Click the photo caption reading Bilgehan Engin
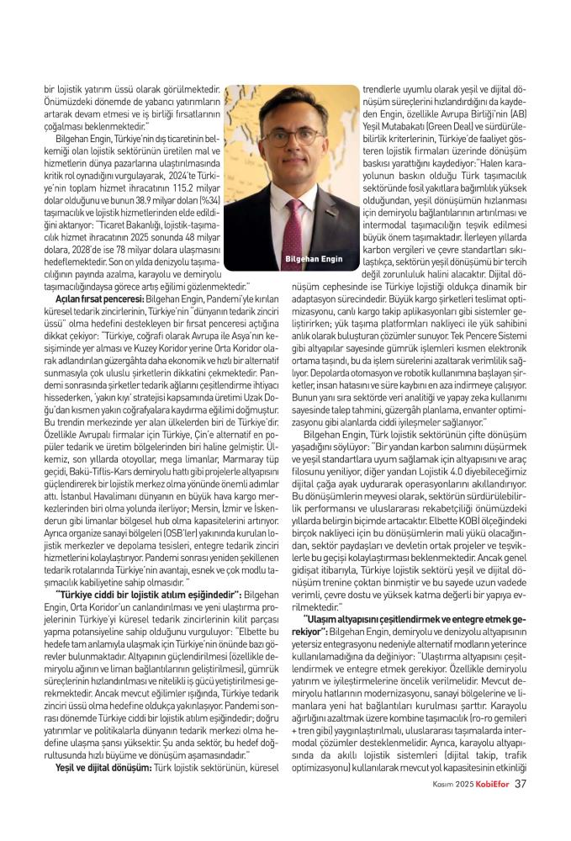(315, 259)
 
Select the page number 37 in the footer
(521, 809)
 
